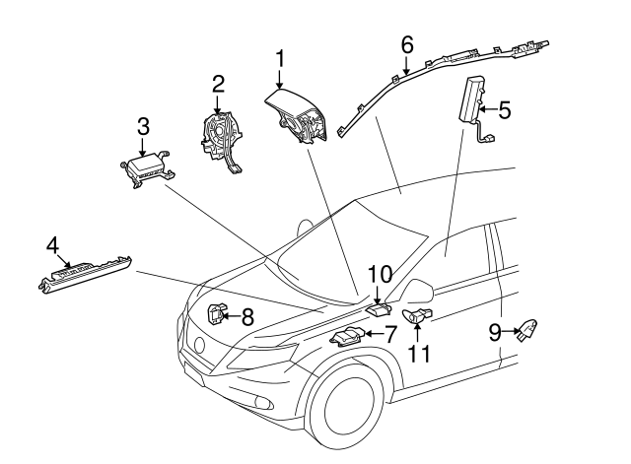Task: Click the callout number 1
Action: pos(279,59)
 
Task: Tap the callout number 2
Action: pos(218,85)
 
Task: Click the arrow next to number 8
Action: pos(230,316)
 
